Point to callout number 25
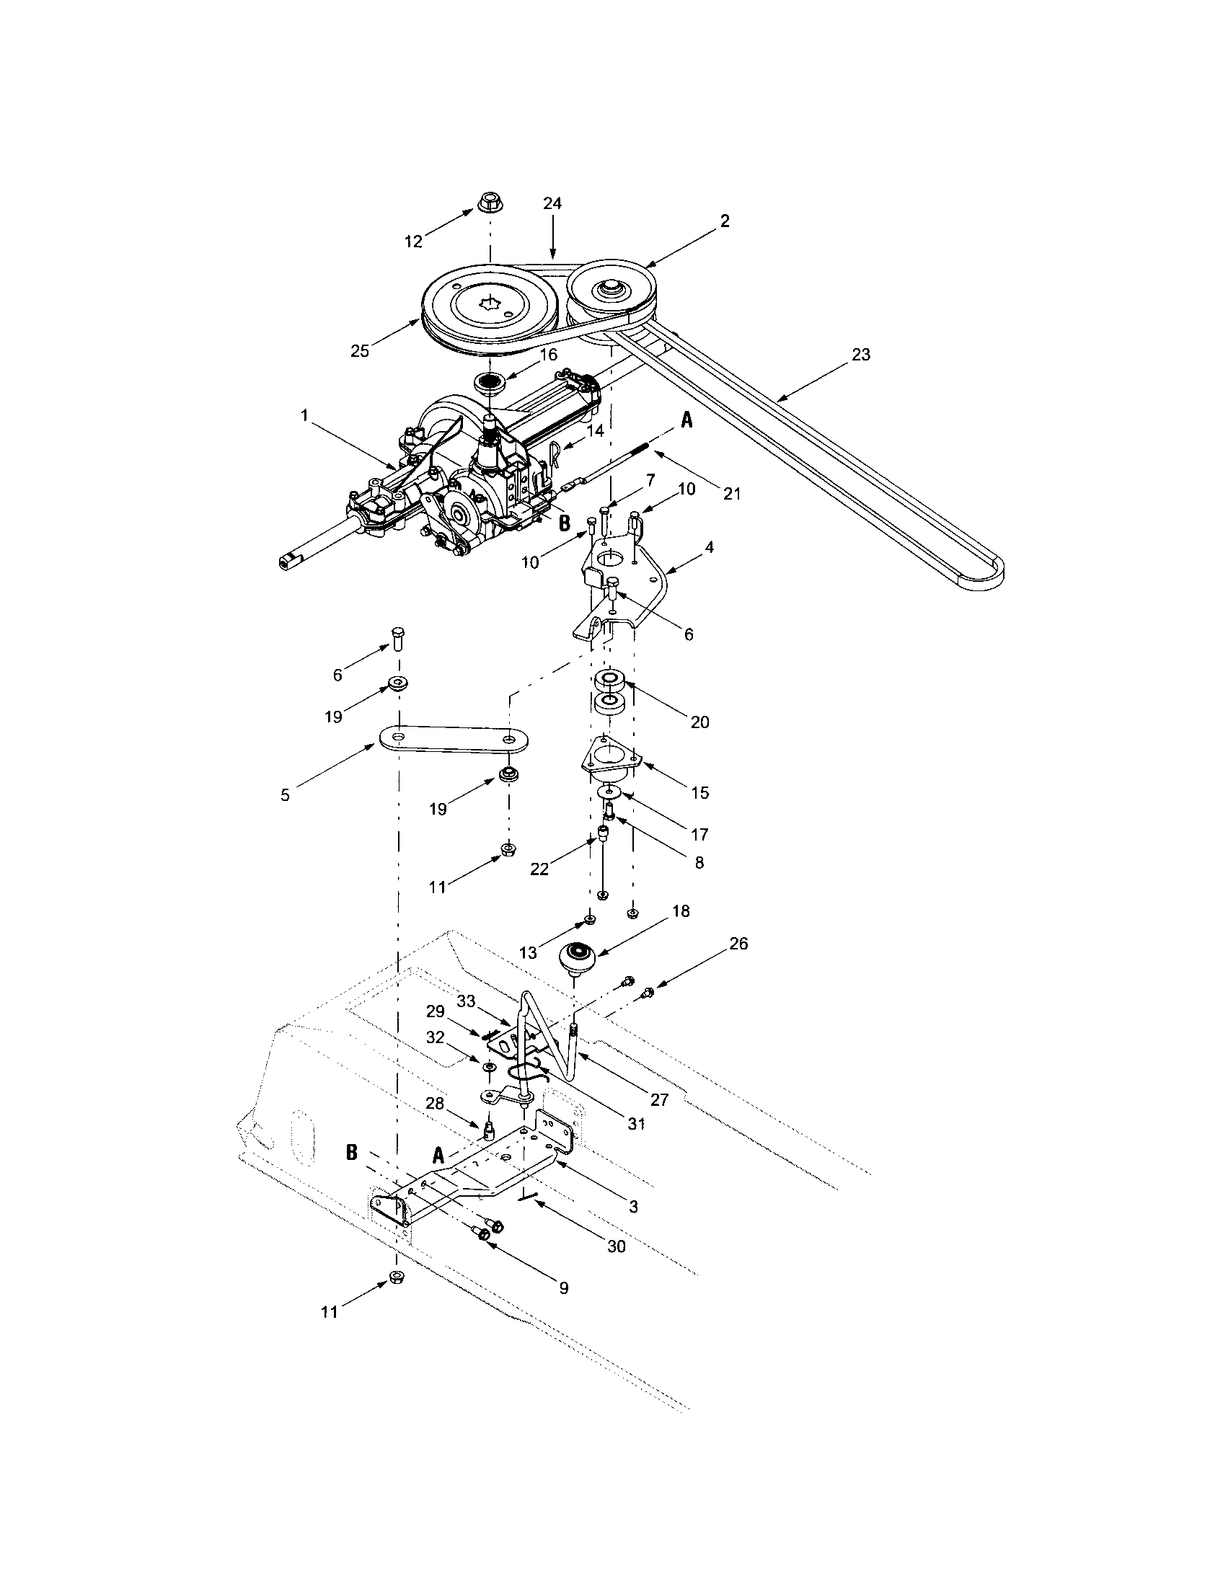click(x=359, y=352)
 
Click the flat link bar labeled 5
click(x=451, y=739)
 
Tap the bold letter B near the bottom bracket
click(x=351, y=1153)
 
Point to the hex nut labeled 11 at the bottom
click(x=397, y=1278)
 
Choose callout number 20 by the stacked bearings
click(x=699, y=722)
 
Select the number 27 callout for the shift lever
click(x=658, y=1099)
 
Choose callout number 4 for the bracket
click(x=708, y=547)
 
